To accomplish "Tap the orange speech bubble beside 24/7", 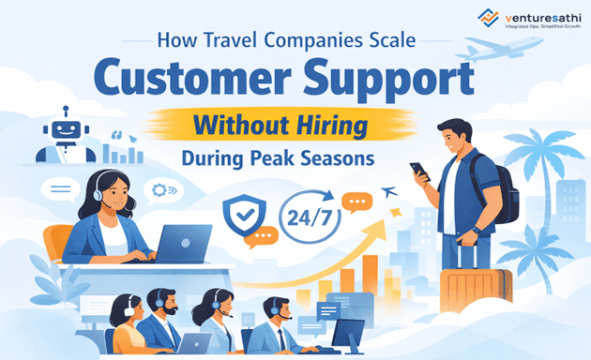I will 356,201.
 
